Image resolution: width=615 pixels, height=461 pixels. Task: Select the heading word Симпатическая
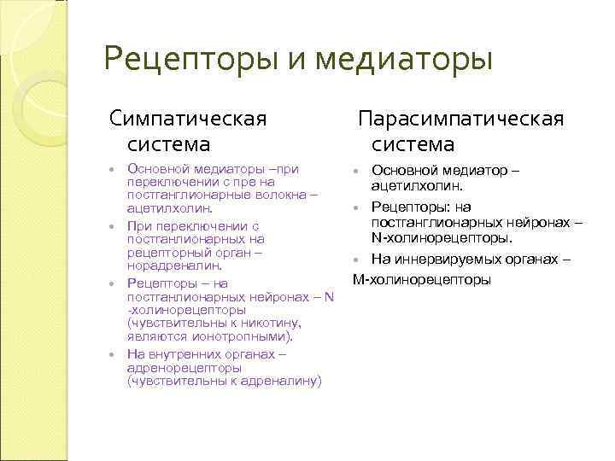point(187,117)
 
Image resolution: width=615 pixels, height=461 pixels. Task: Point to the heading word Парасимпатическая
point(460,117)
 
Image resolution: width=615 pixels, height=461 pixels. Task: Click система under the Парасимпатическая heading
point(413,144)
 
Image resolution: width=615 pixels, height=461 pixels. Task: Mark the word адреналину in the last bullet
point(284,381)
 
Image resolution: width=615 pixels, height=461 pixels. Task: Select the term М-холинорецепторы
point(422,279)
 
